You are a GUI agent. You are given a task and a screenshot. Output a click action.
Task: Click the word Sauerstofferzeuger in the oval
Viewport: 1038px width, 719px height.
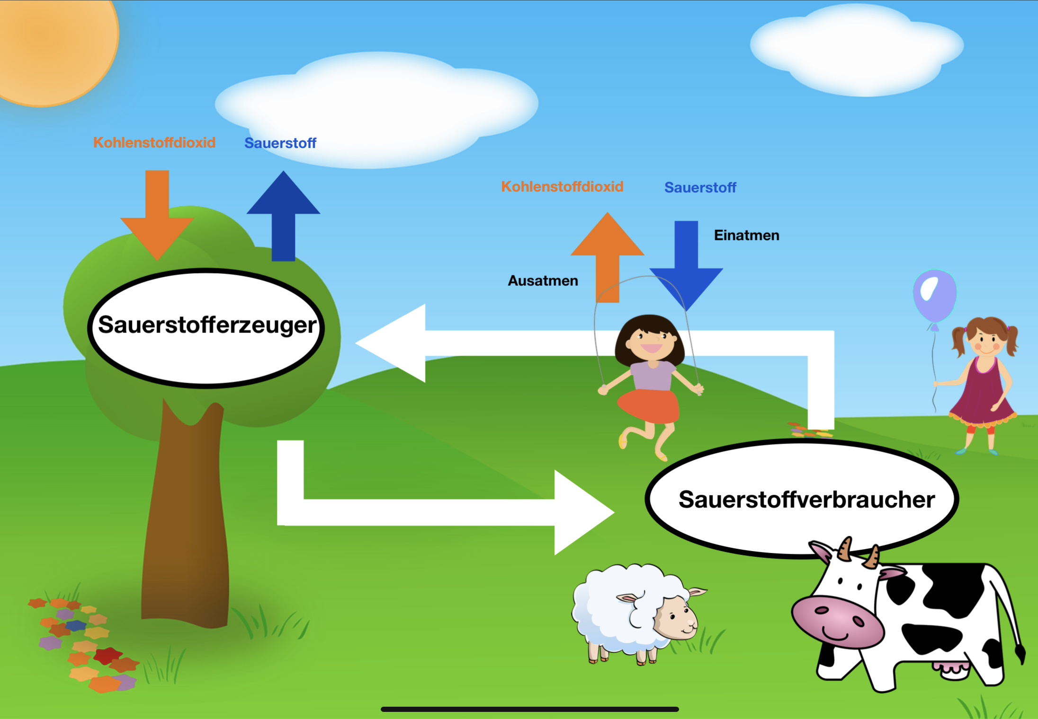click(207, 325)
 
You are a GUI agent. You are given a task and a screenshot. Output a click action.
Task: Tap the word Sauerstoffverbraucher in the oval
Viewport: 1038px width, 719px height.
click(806, 500)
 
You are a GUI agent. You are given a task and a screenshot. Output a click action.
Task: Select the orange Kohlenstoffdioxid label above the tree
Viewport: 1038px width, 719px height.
click(154, 142)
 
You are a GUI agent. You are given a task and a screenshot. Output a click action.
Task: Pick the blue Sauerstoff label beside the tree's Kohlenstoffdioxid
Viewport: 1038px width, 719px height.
click(280, 143)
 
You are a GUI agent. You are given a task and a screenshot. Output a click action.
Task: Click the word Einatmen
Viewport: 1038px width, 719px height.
click(746, 235)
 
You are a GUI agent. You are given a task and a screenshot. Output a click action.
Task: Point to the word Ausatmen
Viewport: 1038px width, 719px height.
click(543, 281)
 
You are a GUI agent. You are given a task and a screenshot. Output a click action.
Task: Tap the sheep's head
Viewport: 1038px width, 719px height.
click(675, 615)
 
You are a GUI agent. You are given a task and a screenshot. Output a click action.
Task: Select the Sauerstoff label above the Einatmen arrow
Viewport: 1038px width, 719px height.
click(700, 187)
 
